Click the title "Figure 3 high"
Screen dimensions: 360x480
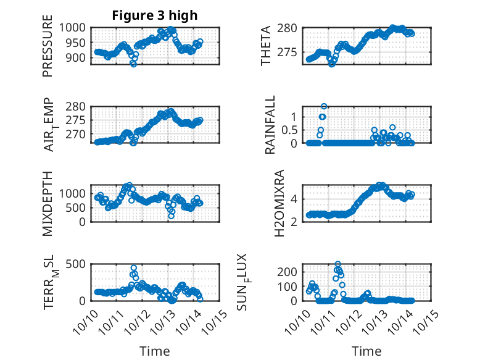point(155,15)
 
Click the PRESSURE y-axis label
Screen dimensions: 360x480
point(48,49)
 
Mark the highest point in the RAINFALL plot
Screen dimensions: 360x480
point(324,106)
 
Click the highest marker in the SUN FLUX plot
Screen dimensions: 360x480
point(337,264)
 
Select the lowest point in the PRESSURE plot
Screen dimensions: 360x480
point(133,64)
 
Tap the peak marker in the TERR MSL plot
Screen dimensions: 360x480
point(134,268)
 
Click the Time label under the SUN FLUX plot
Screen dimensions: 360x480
point(366,351)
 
